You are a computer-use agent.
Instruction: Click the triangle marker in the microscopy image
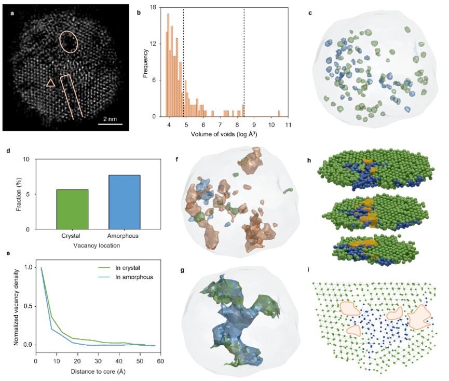50,83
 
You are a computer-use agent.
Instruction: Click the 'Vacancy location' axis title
98,244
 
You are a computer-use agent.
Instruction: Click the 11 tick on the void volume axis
287,126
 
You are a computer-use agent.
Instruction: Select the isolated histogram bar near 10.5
279,114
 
